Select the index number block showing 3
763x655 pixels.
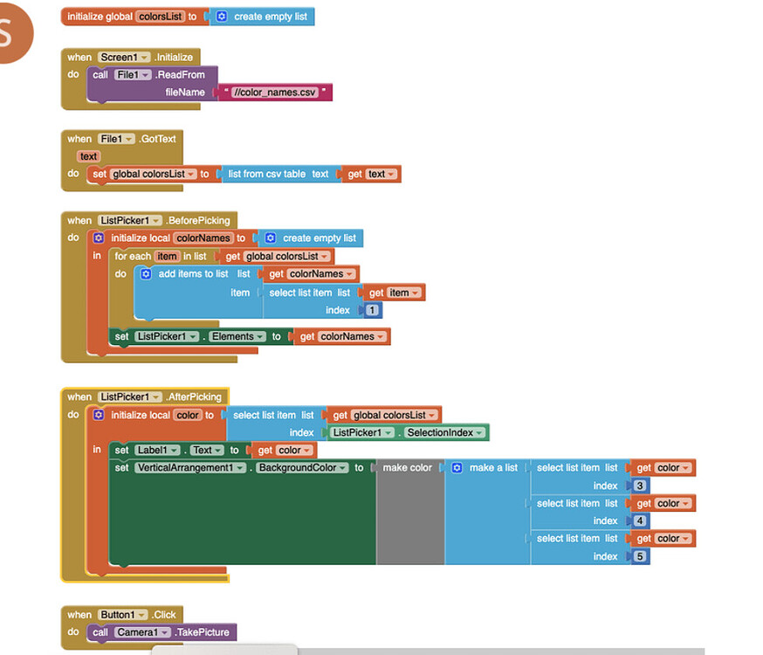[x=640, y=486]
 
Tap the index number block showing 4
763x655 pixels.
[x=640, y=521]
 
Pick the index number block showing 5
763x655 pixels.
[x=640, y=556]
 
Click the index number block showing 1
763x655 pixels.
[x=373, y=310]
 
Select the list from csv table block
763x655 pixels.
[x=278, y=174]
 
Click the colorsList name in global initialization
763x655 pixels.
[x=160, y=17]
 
